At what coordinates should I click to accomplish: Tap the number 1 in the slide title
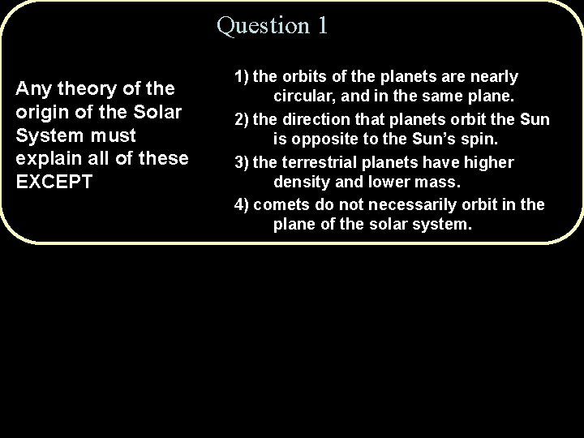tap(322, 25)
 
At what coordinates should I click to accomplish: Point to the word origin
tap(43, 110)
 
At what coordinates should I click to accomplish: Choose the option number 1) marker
tap(242, 77)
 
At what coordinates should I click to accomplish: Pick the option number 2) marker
tap(242, 120)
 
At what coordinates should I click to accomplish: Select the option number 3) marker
tap(242, 163)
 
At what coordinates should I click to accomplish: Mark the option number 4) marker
tap(242, 205)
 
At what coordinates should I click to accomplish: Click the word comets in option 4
tap(280, 205)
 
